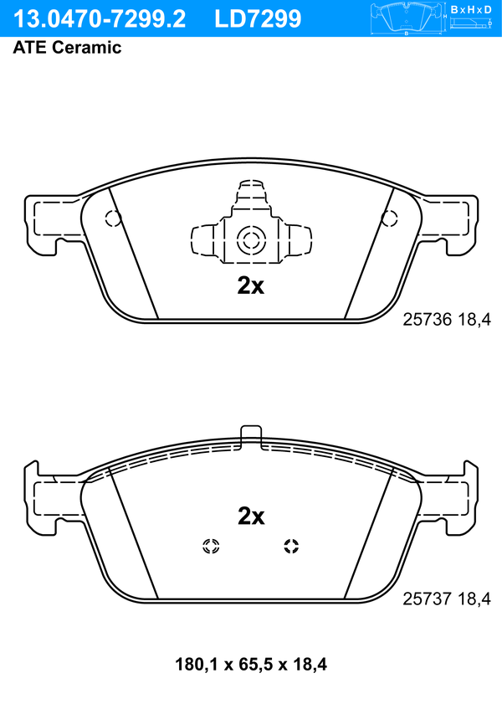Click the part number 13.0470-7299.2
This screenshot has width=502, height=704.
pos(100,19)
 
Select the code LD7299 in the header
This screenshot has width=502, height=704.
pos(258,19)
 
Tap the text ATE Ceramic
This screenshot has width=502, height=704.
pos(67,48)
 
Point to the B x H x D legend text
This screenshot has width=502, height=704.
pos(471,9)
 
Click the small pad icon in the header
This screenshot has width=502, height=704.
pos(407,18)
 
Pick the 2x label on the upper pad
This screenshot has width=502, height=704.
pos(251,285)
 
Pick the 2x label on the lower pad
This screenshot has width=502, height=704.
pos(251,516)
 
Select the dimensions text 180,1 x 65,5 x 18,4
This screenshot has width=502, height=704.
pos(251,664)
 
